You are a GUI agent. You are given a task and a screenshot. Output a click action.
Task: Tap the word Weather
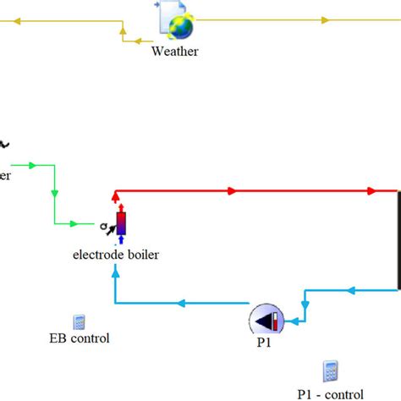(175, 51)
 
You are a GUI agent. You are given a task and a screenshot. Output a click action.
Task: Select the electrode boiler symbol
(120, 223)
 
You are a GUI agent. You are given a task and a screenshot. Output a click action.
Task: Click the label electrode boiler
(115, 254)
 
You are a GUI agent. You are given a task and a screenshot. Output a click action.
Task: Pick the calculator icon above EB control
(79, 322)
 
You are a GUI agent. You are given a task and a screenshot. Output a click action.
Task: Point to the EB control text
(80, 339)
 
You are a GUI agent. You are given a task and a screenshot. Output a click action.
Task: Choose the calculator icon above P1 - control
(330, 371)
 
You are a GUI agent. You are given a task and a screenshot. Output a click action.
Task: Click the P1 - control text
(331, 393)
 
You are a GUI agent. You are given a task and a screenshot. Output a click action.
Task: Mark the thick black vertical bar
(398, 241)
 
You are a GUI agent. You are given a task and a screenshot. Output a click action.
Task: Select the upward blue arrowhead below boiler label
(115, 283)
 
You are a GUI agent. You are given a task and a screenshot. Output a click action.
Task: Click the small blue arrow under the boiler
(120, 240)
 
